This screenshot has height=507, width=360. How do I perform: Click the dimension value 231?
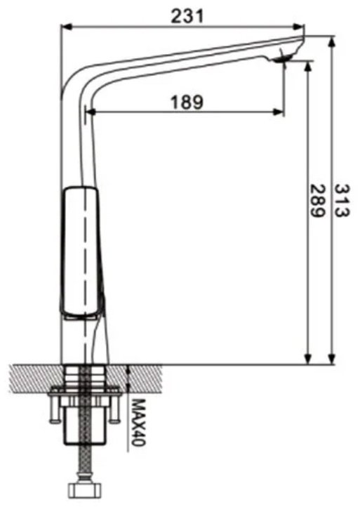coord(187,16)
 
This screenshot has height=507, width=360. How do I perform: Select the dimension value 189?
coord(187,103)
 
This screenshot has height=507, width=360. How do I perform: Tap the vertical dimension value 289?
coord(317,201)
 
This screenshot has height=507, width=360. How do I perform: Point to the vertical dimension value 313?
coord(342,200)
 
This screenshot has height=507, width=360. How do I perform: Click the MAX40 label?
coord(138,422)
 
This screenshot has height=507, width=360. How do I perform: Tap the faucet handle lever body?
coord(81,251)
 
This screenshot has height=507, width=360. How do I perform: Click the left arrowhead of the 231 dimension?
coord(65,27)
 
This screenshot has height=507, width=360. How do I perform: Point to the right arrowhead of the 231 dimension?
coord(299,27)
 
